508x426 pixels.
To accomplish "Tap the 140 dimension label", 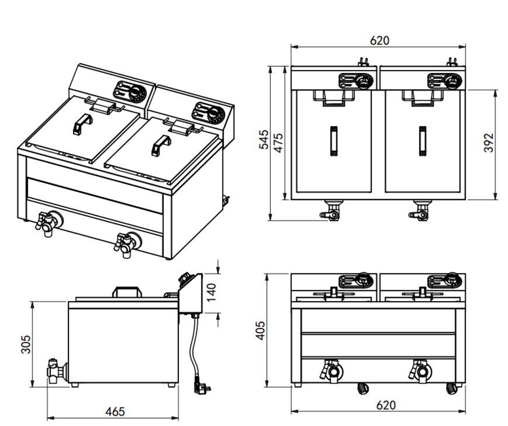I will (211, 292).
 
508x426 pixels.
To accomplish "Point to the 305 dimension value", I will (26, 344).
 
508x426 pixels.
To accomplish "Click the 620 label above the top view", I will (379, 41).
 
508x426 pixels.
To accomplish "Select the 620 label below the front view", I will (386, 405).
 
